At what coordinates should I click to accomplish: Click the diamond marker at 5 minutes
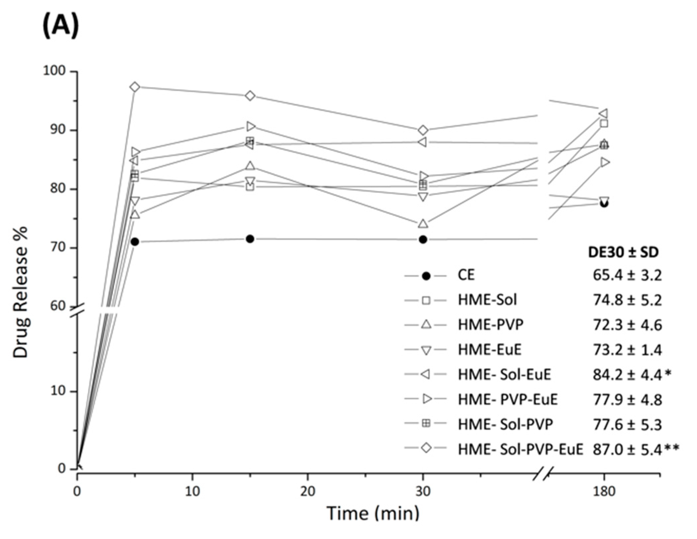[135, 87]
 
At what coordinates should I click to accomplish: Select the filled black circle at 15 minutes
[250, 239]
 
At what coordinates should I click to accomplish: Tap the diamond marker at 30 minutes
[423, 130]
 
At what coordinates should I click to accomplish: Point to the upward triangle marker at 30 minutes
[423, 224]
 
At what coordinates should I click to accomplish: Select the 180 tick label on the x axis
[604, 491]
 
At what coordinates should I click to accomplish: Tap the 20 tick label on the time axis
[307, 491]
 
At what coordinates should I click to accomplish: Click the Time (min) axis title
[373, 513]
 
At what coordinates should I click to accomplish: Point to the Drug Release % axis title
[21, 292]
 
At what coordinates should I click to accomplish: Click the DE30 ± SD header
[623, 253]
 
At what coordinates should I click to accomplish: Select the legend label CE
[466, 275]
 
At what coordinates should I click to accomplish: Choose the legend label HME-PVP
[490, 324]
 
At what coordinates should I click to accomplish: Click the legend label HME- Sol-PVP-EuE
[520, 449]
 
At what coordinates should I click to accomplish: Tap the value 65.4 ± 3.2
[627, 275]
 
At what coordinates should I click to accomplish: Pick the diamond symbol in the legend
[426, 448]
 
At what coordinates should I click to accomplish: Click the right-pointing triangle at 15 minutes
[251, 126]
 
